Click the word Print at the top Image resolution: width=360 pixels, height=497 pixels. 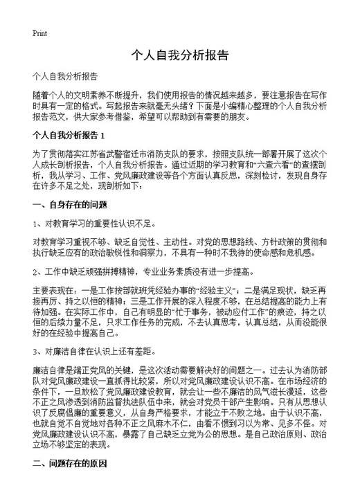click(39, 33)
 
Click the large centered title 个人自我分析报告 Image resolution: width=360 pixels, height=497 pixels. click(180, 55)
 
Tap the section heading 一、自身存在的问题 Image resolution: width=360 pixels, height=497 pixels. click(70, 204)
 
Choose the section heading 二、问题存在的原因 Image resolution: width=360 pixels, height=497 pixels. click(70, 483)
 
